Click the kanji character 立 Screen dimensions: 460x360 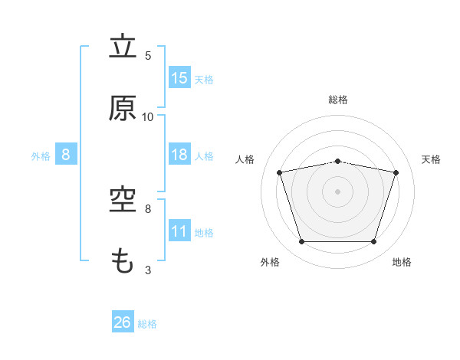[x=123, y=45]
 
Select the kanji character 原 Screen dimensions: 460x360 [x=123, y=108]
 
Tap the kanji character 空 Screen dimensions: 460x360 [x=123, y=200]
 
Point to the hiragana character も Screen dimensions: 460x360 [x=122, y=260]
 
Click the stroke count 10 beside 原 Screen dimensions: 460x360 [x=147, y=117]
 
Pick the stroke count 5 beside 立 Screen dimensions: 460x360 [x=148, y=56]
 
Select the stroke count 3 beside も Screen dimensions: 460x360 [x=148, y=270]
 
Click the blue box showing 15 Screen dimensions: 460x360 [x=179, y=77]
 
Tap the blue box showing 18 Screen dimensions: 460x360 [x=179, y=154]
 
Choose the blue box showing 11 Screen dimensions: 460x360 [x=179, y=230]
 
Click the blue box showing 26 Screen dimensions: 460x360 [x=123, y=321]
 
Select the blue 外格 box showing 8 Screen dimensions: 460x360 [x=66, y=154]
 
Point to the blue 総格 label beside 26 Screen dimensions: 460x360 [x=147, y=324]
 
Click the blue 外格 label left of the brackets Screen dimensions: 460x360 [x=41, y=156]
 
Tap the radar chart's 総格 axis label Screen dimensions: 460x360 [x=338, y=100]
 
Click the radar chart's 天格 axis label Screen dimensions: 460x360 [x=431, y=159]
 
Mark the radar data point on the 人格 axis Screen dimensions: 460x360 [x=280, y=172]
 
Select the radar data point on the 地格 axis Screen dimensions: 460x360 [x=373, y=241]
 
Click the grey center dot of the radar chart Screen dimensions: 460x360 [x=337, y=191]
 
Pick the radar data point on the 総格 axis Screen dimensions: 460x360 [x=337, y=162]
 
